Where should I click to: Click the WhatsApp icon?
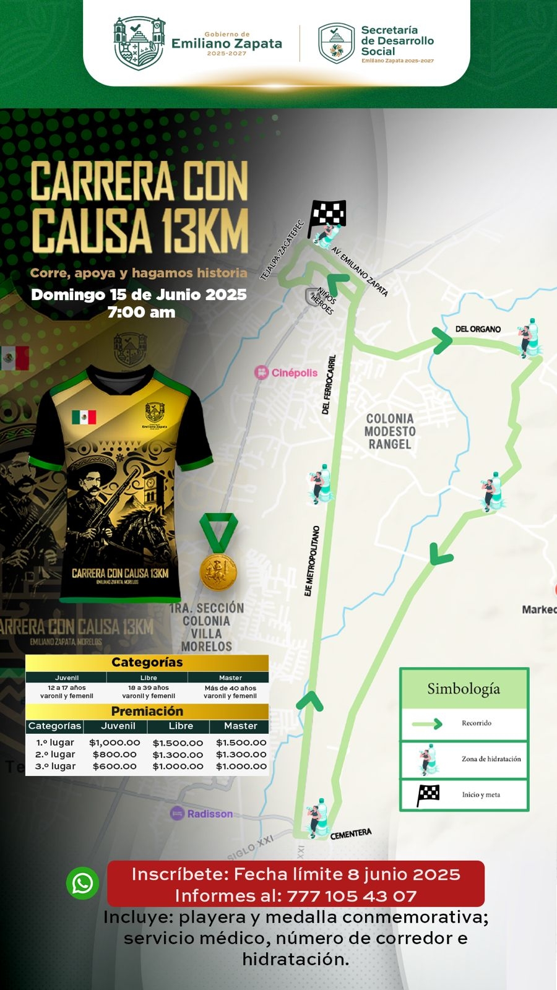[x=82, y=883]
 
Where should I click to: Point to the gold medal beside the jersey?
[x=218, y=570]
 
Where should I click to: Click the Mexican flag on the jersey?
[x=84, y=418]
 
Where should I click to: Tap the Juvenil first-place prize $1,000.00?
[x=114, y=742]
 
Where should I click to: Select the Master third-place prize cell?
[x=241, y=766]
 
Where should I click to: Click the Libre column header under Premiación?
[x=181, y=726]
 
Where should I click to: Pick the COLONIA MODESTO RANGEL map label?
[x=390, y=431]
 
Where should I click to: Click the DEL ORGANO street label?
[x=478, y=329]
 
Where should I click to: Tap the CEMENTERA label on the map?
[x=351, y=834]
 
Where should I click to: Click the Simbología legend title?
[x=464, y=689]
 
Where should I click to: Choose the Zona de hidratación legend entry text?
[x=491, y=759]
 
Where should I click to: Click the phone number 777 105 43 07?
[x=351, y=895]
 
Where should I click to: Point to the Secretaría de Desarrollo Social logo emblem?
[x=336, y=43]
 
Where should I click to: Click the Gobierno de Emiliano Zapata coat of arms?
[x=139, y=43]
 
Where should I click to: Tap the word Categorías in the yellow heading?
[x=147, y=662]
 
